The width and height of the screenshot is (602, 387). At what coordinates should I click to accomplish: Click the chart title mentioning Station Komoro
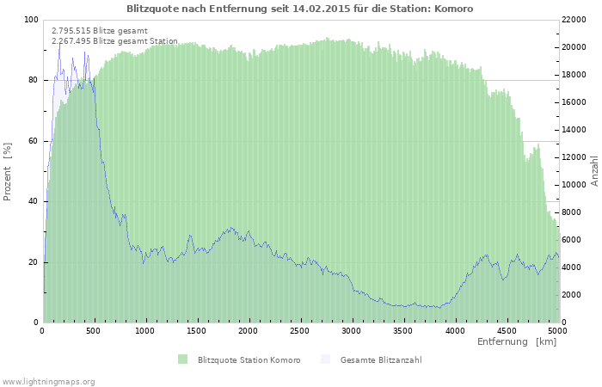coord(300,9)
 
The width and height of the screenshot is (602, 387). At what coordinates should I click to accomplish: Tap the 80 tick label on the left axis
coord(33,80)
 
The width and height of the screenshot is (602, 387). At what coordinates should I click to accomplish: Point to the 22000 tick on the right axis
coord(574,20)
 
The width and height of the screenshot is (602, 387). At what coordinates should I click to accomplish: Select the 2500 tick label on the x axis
coord(299,330)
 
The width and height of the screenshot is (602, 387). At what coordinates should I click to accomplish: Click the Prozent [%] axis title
coord(7,172)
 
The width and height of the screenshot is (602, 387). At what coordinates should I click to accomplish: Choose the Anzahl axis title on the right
coord(594,171)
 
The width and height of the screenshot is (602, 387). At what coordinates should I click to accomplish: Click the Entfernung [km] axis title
coord(517,341)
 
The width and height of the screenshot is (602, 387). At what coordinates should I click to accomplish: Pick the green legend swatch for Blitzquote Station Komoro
coord(182,359)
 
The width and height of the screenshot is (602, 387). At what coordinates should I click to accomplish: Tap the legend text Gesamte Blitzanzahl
coord(381,359)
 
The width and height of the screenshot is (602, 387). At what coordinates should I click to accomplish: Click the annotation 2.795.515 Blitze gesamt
coord(100,31)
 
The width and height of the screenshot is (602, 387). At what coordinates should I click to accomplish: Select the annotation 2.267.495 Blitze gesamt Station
coord(114,41)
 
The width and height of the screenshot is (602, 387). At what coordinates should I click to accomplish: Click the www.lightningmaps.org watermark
coord(48,382)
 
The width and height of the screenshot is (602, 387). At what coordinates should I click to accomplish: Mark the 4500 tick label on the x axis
coord(506,330)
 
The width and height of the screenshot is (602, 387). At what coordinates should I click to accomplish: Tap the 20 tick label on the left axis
coord(33,262)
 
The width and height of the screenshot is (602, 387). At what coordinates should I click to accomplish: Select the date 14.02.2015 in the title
coord(322,9)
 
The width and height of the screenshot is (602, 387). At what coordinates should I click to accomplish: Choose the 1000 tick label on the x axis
coord(144,330)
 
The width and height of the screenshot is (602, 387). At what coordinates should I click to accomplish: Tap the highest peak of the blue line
coord(60,44)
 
